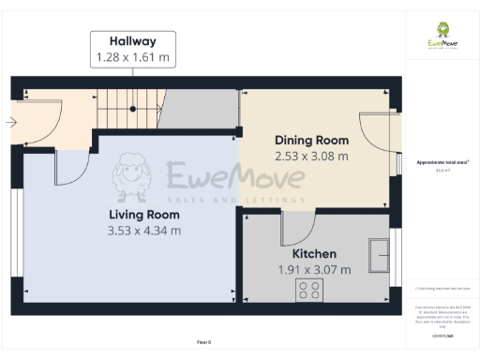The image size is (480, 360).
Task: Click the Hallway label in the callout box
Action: click(132, 41)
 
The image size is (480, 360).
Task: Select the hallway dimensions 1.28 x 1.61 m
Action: click(132, 58)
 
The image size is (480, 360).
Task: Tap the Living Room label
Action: click(143, 214)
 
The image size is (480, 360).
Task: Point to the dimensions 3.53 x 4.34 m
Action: click(143, 231)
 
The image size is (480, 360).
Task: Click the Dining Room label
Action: click(310, 139)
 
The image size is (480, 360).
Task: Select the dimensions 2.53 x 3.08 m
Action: click(310, 156)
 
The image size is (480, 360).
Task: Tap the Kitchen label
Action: click(314, 254)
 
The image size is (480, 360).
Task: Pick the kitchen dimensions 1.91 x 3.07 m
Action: click(314, 270)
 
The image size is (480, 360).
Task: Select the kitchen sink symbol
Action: click(381, 251)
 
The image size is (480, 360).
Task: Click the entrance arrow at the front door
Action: click(10, 123)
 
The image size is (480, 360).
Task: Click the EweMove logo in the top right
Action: click(442, 36)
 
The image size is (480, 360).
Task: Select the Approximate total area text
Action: click(442, 163)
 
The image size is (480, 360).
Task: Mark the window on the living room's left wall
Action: click(15, 234)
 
